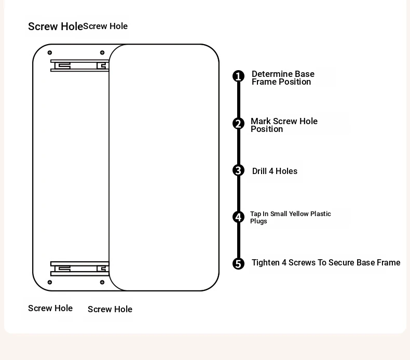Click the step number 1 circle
tap(238, 76)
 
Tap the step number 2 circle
tap(238, 124)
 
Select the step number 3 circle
tap(238, 170)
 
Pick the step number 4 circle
tap(238, 217)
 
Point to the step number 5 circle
tap(238, 264)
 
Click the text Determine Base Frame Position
tap(283, 78)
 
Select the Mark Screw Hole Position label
tap(284, 125)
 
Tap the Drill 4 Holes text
tap(275, 171)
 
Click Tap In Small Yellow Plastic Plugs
tap(290, 217)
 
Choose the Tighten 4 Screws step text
tap(326, 263)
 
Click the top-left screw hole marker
tap(50, 52)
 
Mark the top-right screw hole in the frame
tap(102, 52)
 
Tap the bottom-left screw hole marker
tap(50, 282)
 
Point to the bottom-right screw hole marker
tap(102, 282)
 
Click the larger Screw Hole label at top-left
tap(55, 26)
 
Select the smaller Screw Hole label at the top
tap(105, 26)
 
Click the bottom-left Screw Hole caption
tap(50, 308)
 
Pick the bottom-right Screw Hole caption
tap(110, 309)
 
